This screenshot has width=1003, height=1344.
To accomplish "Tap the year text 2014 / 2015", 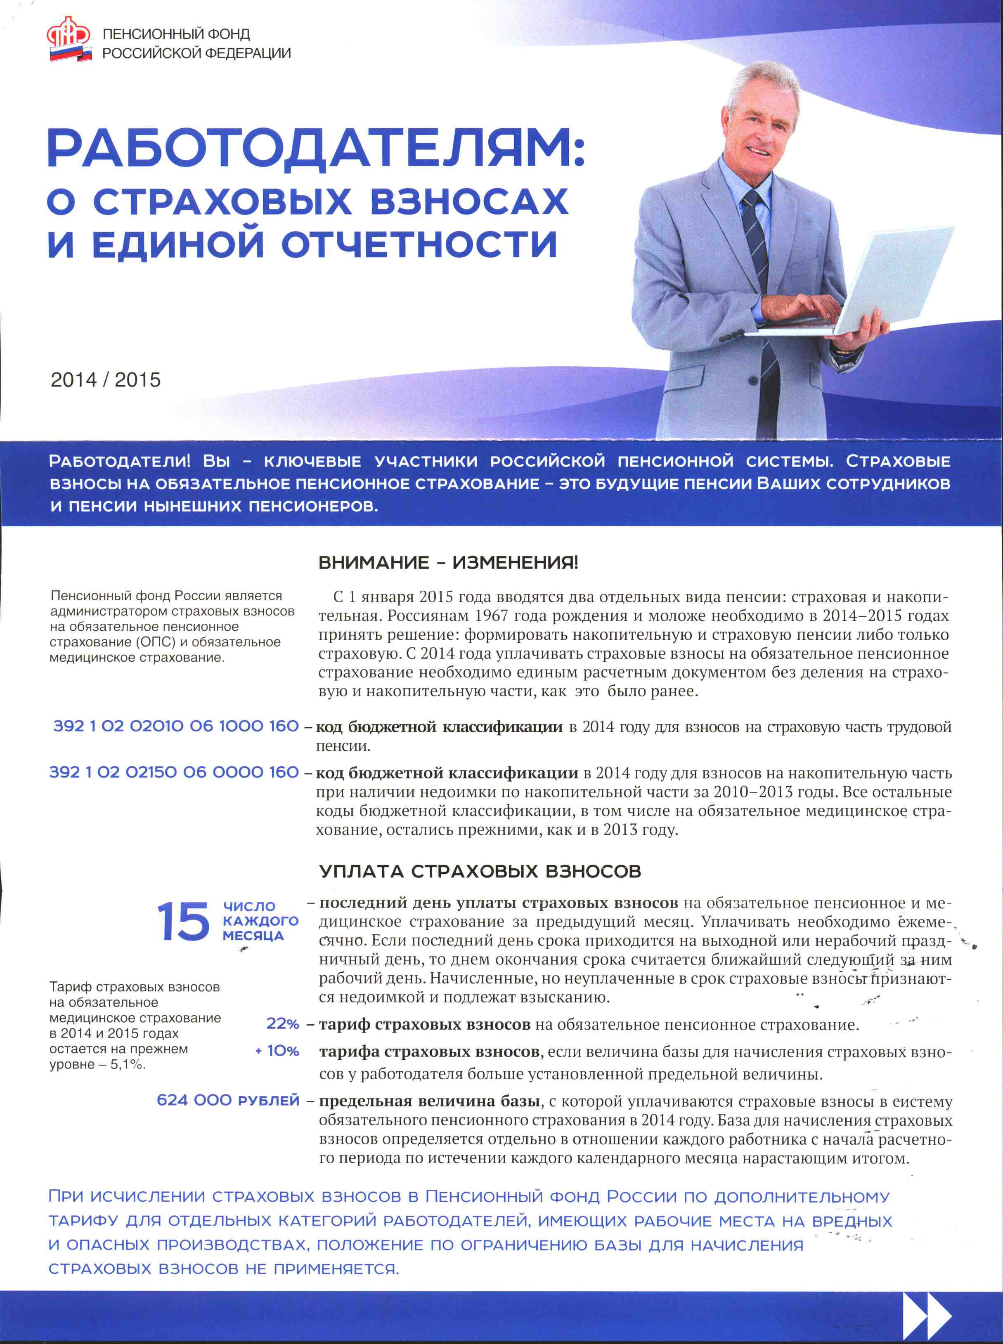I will pos(106,380).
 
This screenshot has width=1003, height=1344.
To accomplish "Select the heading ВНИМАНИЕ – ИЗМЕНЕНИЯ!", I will pos(448,563).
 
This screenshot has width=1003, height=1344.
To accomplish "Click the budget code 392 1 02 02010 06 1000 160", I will pos(176,726).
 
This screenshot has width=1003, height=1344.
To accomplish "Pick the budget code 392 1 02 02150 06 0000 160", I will pos(174,772).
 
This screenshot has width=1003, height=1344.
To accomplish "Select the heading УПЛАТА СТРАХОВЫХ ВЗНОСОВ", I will pos(480,871).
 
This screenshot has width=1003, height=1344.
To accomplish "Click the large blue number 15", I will pos(182,922).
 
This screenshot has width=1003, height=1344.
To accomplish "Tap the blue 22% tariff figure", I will pos(283,1023).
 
